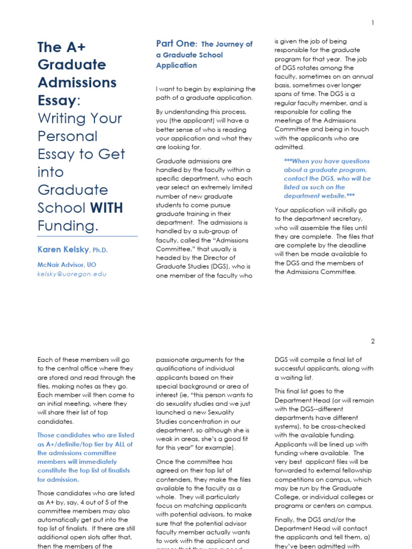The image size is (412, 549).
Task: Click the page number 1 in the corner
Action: (372, 23)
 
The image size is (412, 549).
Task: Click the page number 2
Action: (372, 342)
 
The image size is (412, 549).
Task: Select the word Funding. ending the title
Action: (68, 226)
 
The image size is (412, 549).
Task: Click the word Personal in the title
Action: (68, 136)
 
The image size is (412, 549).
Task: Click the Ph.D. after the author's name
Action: (100, 250)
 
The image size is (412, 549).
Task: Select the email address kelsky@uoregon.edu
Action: (72, 274)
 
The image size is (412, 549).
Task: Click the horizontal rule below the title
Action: (87, 236)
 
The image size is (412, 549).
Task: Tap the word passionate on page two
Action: (174, 360)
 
